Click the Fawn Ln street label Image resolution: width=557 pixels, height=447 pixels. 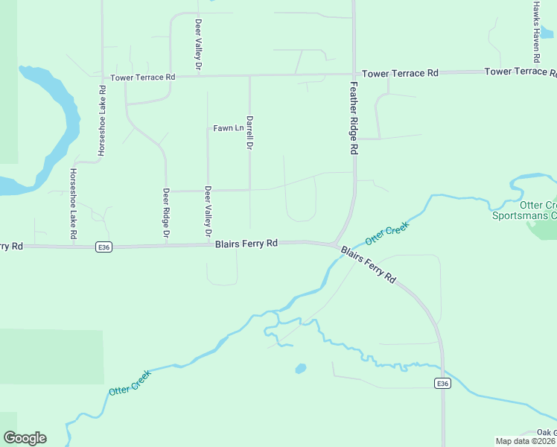tap(229, 128)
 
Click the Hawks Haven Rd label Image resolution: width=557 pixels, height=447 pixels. tap(536, 31)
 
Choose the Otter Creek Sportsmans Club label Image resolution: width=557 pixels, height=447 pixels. tap(525, 210)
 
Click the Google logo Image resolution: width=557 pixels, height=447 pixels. tap(25, 438)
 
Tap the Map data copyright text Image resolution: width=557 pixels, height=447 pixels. tap(526, 441)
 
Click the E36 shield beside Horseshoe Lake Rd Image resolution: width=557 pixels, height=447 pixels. tap(104, 248)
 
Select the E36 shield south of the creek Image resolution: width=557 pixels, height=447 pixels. tap(442, 383)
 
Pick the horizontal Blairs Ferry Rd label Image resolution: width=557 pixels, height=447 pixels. tap(246, 244)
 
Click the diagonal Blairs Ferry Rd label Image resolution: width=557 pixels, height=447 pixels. tap(369, 263)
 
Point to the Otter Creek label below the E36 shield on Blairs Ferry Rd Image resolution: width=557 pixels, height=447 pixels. tap(130, 381)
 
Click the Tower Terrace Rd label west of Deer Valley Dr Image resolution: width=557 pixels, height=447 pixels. tap(142, 77)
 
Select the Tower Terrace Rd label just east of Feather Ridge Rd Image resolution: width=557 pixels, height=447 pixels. tap(400, 73)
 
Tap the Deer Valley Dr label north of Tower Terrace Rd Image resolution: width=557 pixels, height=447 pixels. tap(199, 45)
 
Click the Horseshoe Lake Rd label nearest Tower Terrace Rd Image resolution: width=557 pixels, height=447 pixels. tap(102, 121)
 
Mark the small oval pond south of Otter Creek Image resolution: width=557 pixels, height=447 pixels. tap(300, 368)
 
